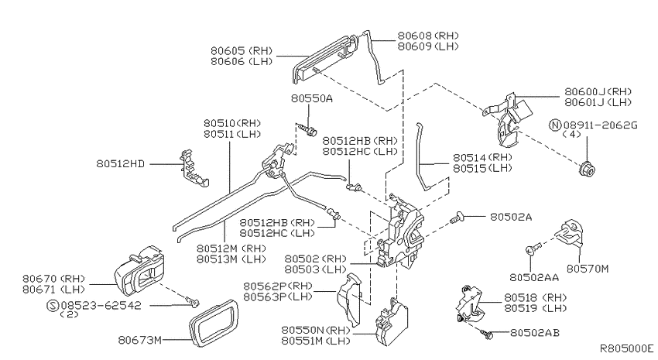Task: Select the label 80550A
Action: tap(312, 98)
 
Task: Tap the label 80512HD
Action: tap(122, 164)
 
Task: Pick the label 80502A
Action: tap(511, 218)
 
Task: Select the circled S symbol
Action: tap(53, 305)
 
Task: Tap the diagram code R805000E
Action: tap(626, 349)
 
